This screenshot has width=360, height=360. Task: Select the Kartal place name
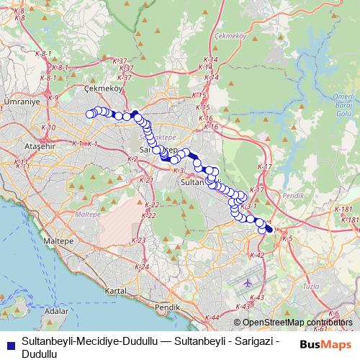pos(115,290)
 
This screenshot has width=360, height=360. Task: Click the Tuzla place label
pos(332,286)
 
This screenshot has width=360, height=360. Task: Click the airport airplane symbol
pos(248,282)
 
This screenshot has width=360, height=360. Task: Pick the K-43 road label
pos(260,297)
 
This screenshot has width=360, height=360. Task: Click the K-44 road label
pos(212,317)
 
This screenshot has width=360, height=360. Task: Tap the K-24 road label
pos(143,267)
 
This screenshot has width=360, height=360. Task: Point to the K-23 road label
pos(139,240)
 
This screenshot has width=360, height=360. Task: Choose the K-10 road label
pos(49,127)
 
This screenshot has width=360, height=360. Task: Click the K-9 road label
pos(53,97)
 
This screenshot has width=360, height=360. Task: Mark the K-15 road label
pos(200,95)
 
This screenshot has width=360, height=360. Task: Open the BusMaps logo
pos(325,345)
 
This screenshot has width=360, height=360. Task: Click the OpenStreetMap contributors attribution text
pos(296,322)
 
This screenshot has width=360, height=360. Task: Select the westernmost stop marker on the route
pos(90,113)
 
